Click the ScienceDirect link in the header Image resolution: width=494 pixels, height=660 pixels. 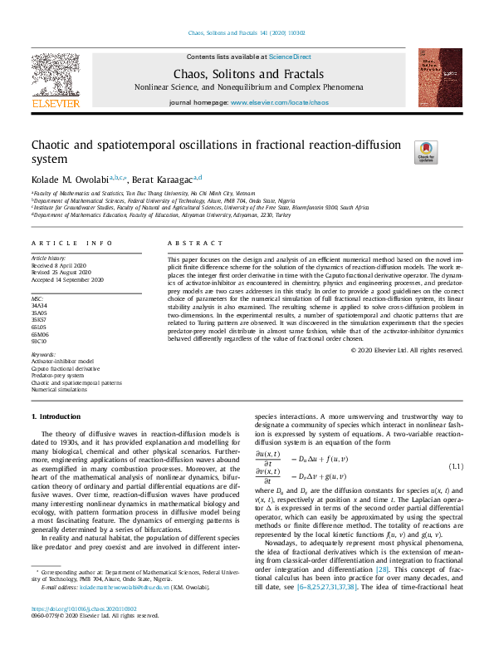(x=290, y=57)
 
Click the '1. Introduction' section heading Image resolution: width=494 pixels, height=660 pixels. (x=56, y=415)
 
